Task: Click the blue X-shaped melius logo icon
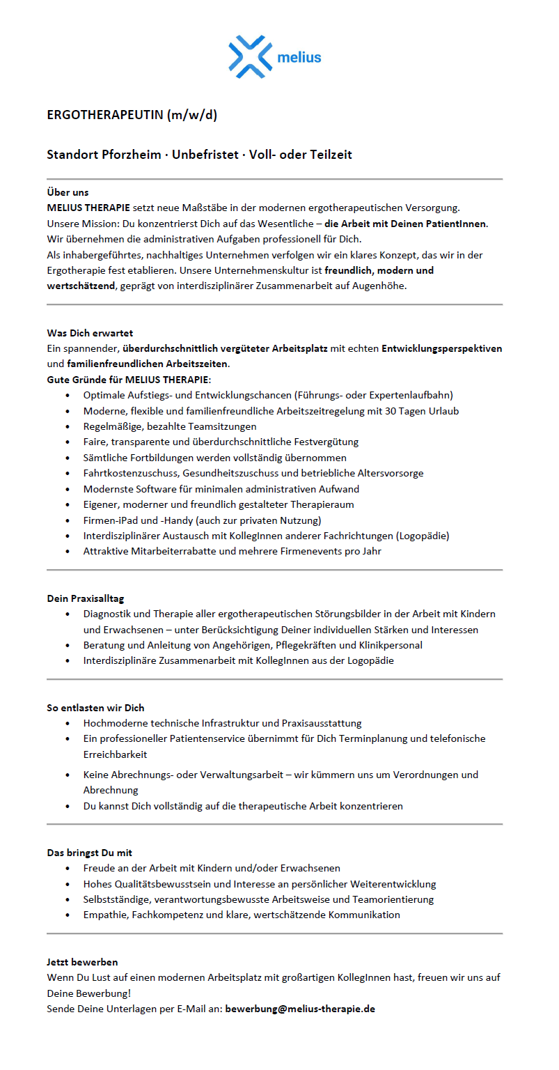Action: click(249, 56)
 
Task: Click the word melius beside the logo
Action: click(299, 57)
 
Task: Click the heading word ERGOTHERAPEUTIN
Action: click(104, 115)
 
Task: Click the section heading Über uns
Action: click(68, 192)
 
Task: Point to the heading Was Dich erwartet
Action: click(90, 333)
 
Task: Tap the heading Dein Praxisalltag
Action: click(86, 598)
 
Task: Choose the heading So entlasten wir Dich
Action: click(95, 708)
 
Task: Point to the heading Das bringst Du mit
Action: click(89, 853)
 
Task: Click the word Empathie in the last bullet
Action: click(104, 915)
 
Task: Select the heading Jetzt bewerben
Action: click(82, 962)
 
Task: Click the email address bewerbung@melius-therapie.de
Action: click(300, 1008)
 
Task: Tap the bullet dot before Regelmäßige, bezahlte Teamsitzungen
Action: click(67, 426)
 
